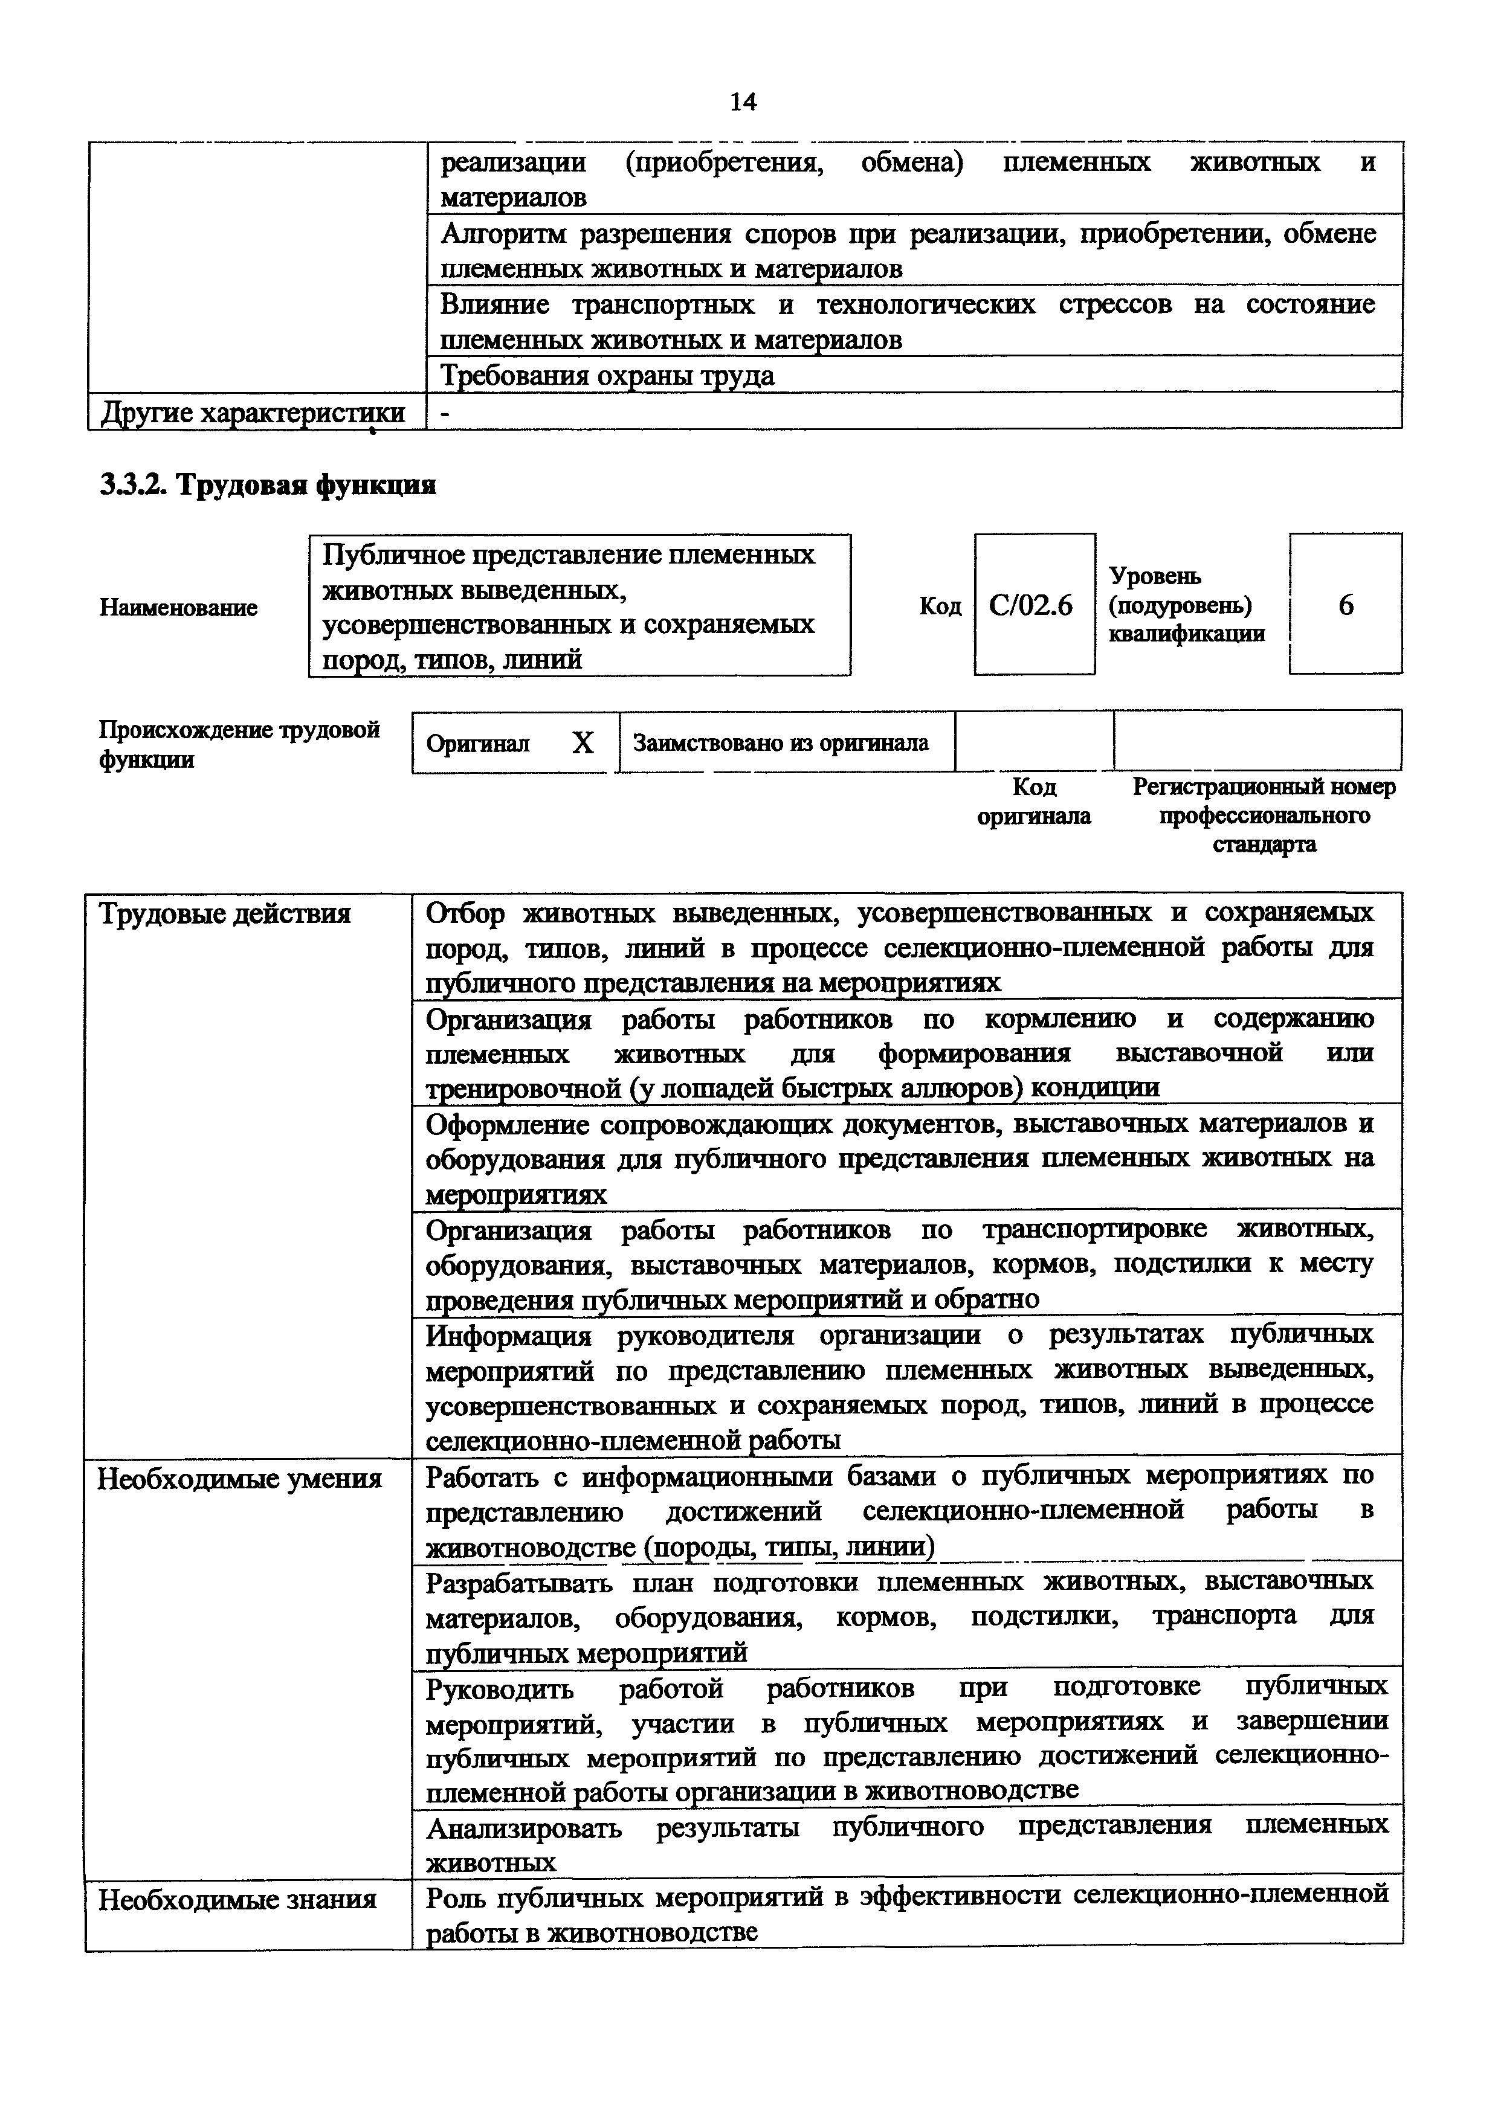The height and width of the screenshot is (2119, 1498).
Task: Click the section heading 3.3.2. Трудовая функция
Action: (x=268, y=484)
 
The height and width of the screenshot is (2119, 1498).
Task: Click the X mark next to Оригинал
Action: (x=583, y=743)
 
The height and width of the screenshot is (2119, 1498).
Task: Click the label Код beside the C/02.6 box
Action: (x=940, y=606)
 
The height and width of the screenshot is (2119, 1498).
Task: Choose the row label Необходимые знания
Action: (x=237, y=1899)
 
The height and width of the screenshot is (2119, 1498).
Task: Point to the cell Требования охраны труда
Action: (x=607, y=376)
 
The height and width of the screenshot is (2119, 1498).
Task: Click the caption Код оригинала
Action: (x=1034, y=801)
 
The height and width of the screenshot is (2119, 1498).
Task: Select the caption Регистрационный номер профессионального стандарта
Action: (x=1264, y=815)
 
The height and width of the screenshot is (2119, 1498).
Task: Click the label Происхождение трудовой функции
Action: (x=239, y=744)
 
